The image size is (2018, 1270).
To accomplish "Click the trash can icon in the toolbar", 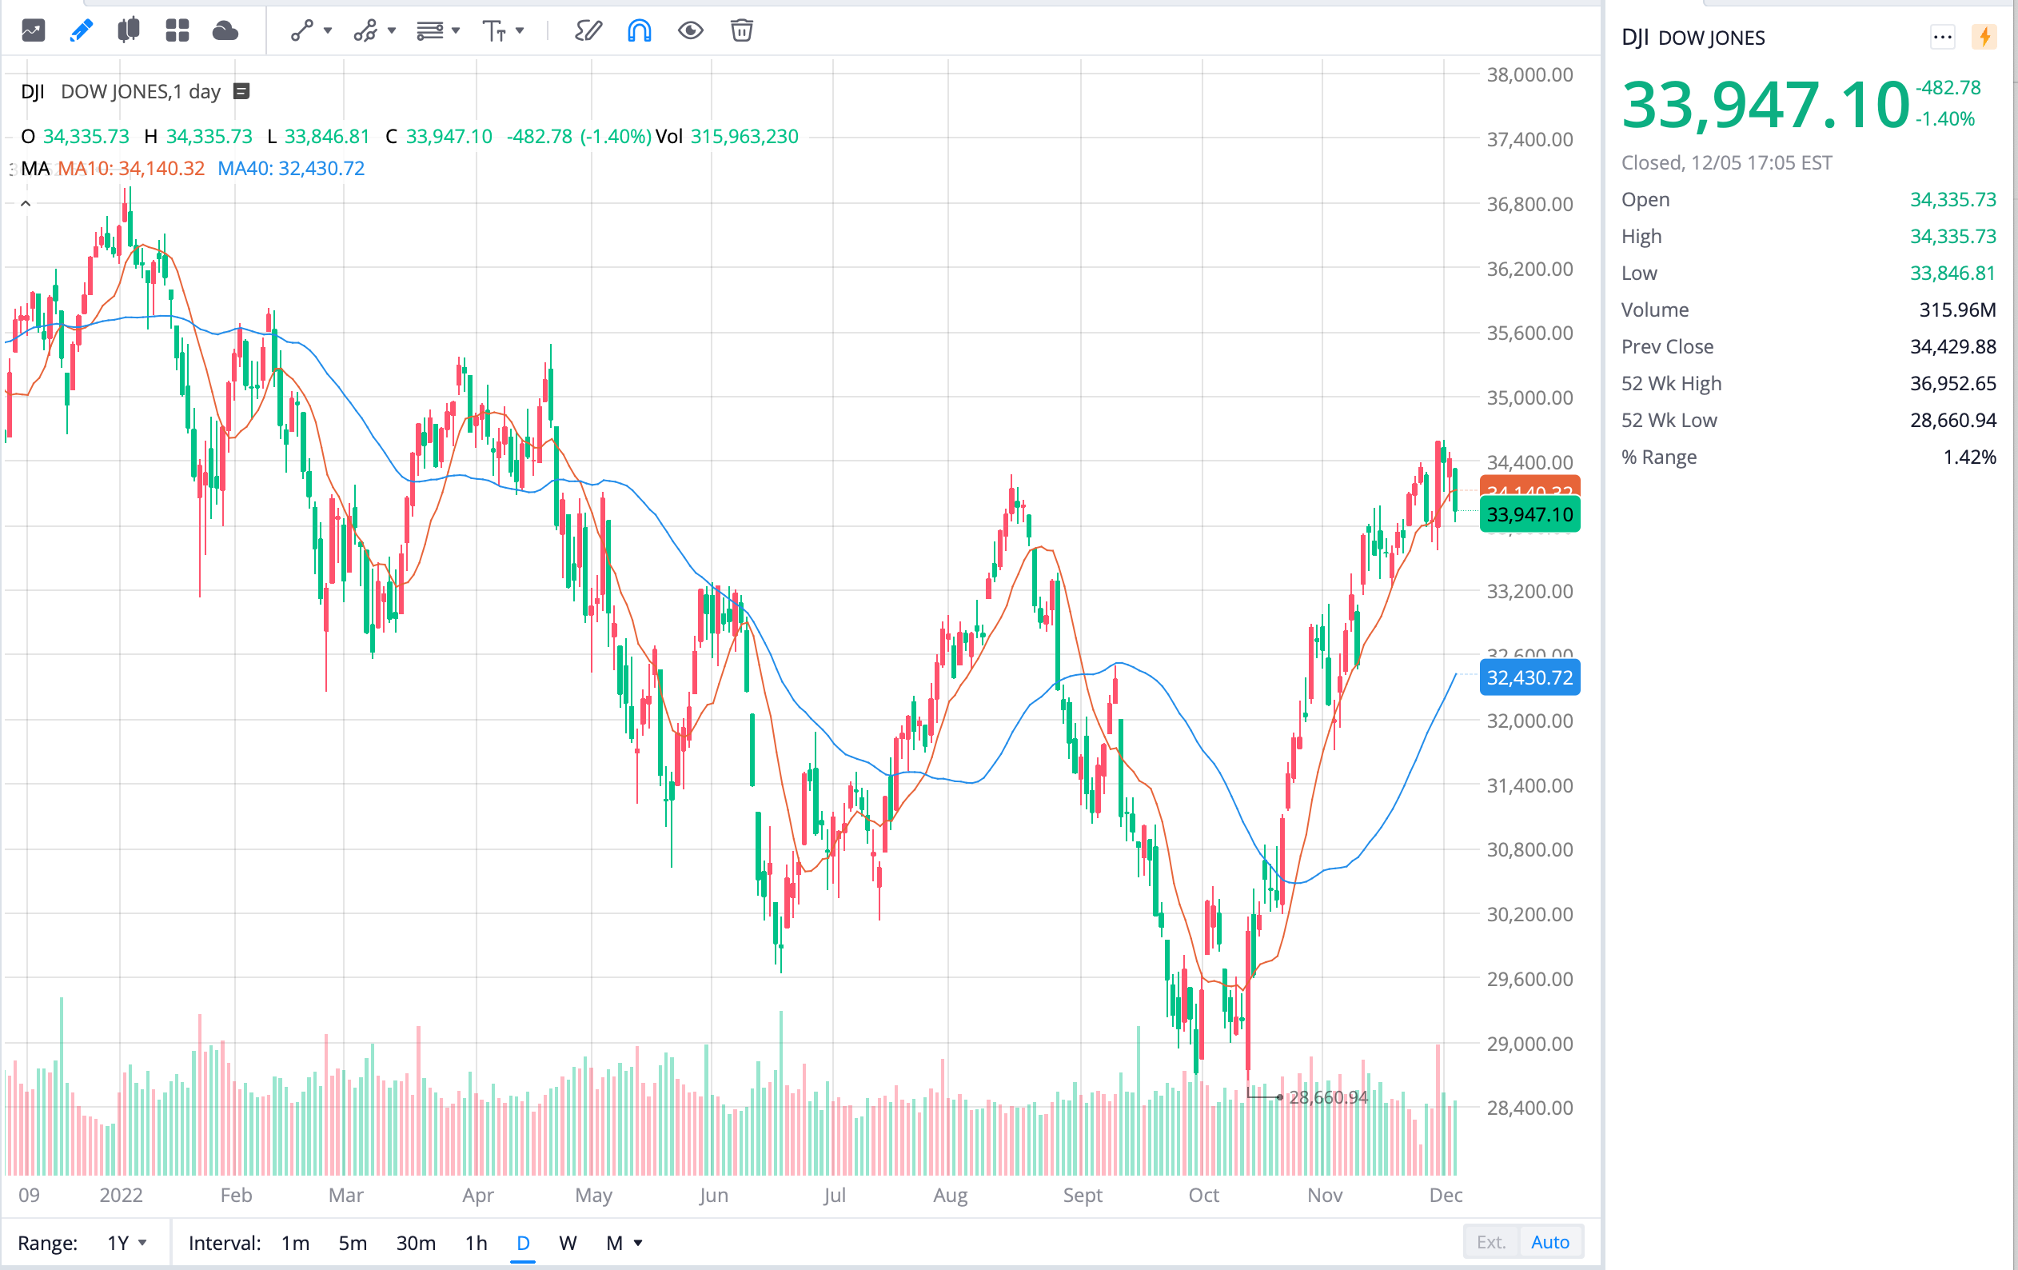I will [x=741, y=31].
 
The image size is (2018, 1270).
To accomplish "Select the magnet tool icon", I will [x=639, y=31].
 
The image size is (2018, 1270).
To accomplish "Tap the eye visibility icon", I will [x=690, y=31].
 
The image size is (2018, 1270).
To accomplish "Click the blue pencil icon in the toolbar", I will [x=82, y=31].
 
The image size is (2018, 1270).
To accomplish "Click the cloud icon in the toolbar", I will [x=225, y=31].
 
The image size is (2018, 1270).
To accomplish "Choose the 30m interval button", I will [x=416, y=1242].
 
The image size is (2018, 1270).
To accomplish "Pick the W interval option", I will [x=568, y=1242].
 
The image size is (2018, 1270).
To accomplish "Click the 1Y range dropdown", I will [x=126, y=1242].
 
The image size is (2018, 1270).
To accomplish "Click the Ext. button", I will [x=1490, y=1241].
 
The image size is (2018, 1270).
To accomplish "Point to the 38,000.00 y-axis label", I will [x=1529, y=74].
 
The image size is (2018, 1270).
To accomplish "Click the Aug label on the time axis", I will [x=950, y=1195].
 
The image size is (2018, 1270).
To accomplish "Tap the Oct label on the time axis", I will [x=1203, y=1195].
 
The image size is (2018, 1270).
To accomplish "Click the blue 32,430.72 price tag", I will [x=1529, y=677].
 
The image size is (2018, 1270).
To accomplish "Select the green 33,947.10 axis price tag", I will [x=1529, y=514].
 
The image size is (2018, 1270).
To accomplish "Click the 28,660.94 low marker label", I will [x=1327, y=1096].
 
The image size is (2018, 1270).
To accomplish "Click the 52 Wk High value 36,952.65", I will [x=1952, y=383].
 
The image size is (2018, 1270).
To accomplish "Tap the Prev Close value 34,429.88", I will [x=1952, y=346].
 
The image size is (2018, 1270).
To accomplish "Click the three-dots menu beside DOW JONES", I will [x=1942, y=37].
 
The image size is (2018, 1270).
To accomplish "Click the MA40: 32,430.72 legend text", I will [x=291, y=169].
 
